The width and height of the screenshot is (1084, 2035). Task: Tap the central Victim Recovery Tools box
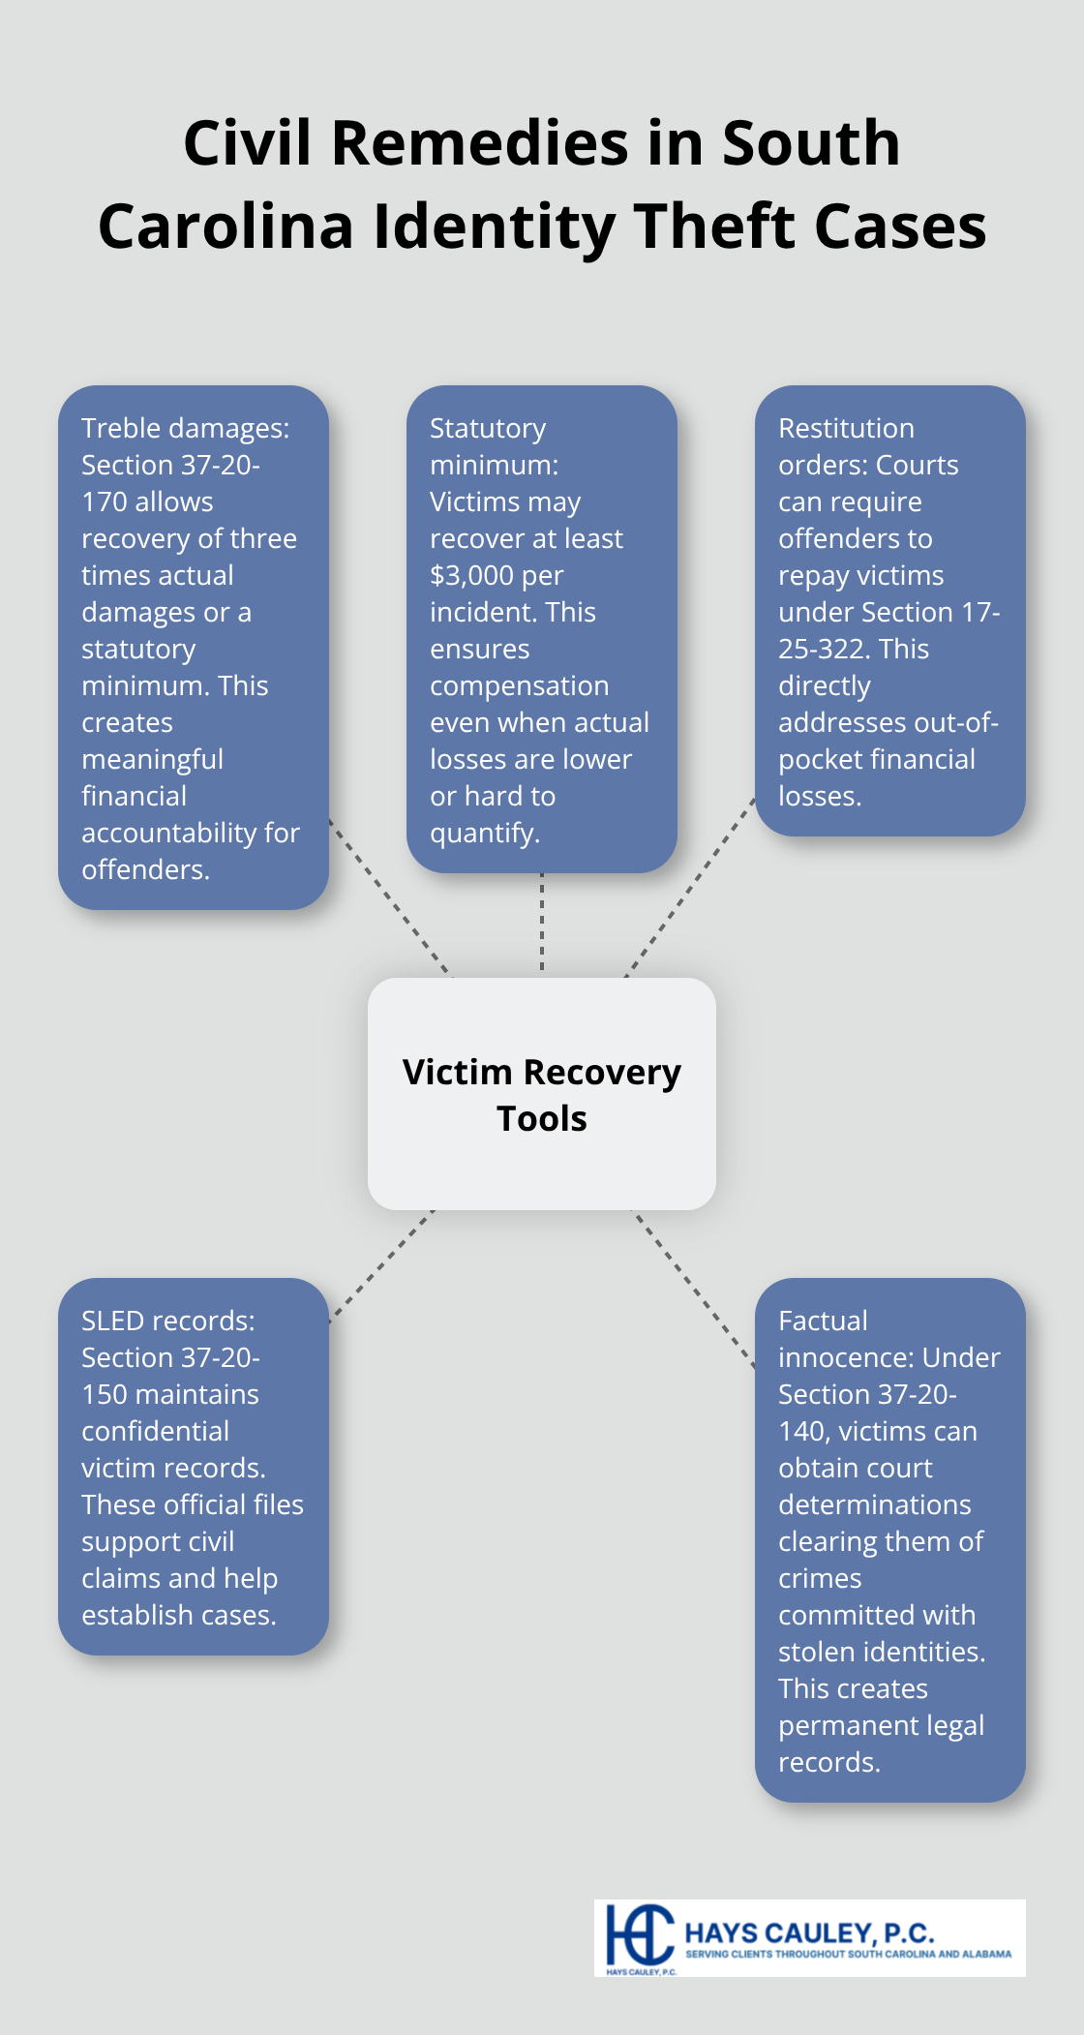coord(542,1094)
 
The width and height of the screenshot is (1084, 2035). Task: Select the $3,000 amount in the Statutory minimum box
coord(471,576)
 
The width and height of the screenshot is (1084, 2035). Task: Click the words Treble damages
coord(185,428)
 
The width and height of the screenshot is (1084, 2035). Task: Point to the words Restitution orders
coord(846,446)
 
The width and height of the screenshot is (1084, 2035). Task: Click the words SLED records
coord(167,1321)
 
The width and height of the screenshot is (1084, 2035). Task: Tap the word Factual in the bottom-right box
coord(822,1321)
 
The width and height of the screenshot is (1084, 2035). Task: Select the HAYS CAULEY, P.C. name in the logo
coord(809,1933)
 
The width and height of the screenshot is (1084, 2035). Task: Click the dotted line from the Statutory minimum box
coord(542,925)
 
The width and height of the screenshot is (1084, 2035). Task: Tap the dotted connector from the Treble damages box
coord(390,896)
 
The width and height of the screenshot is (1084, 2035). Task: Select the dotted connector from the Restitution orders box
coord(689,889)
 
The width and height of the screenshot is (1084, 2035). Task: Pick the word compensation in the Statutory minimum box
coord(519,686)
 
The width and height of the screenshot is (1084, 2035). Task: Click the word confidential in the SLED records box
coord(155,1432)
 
